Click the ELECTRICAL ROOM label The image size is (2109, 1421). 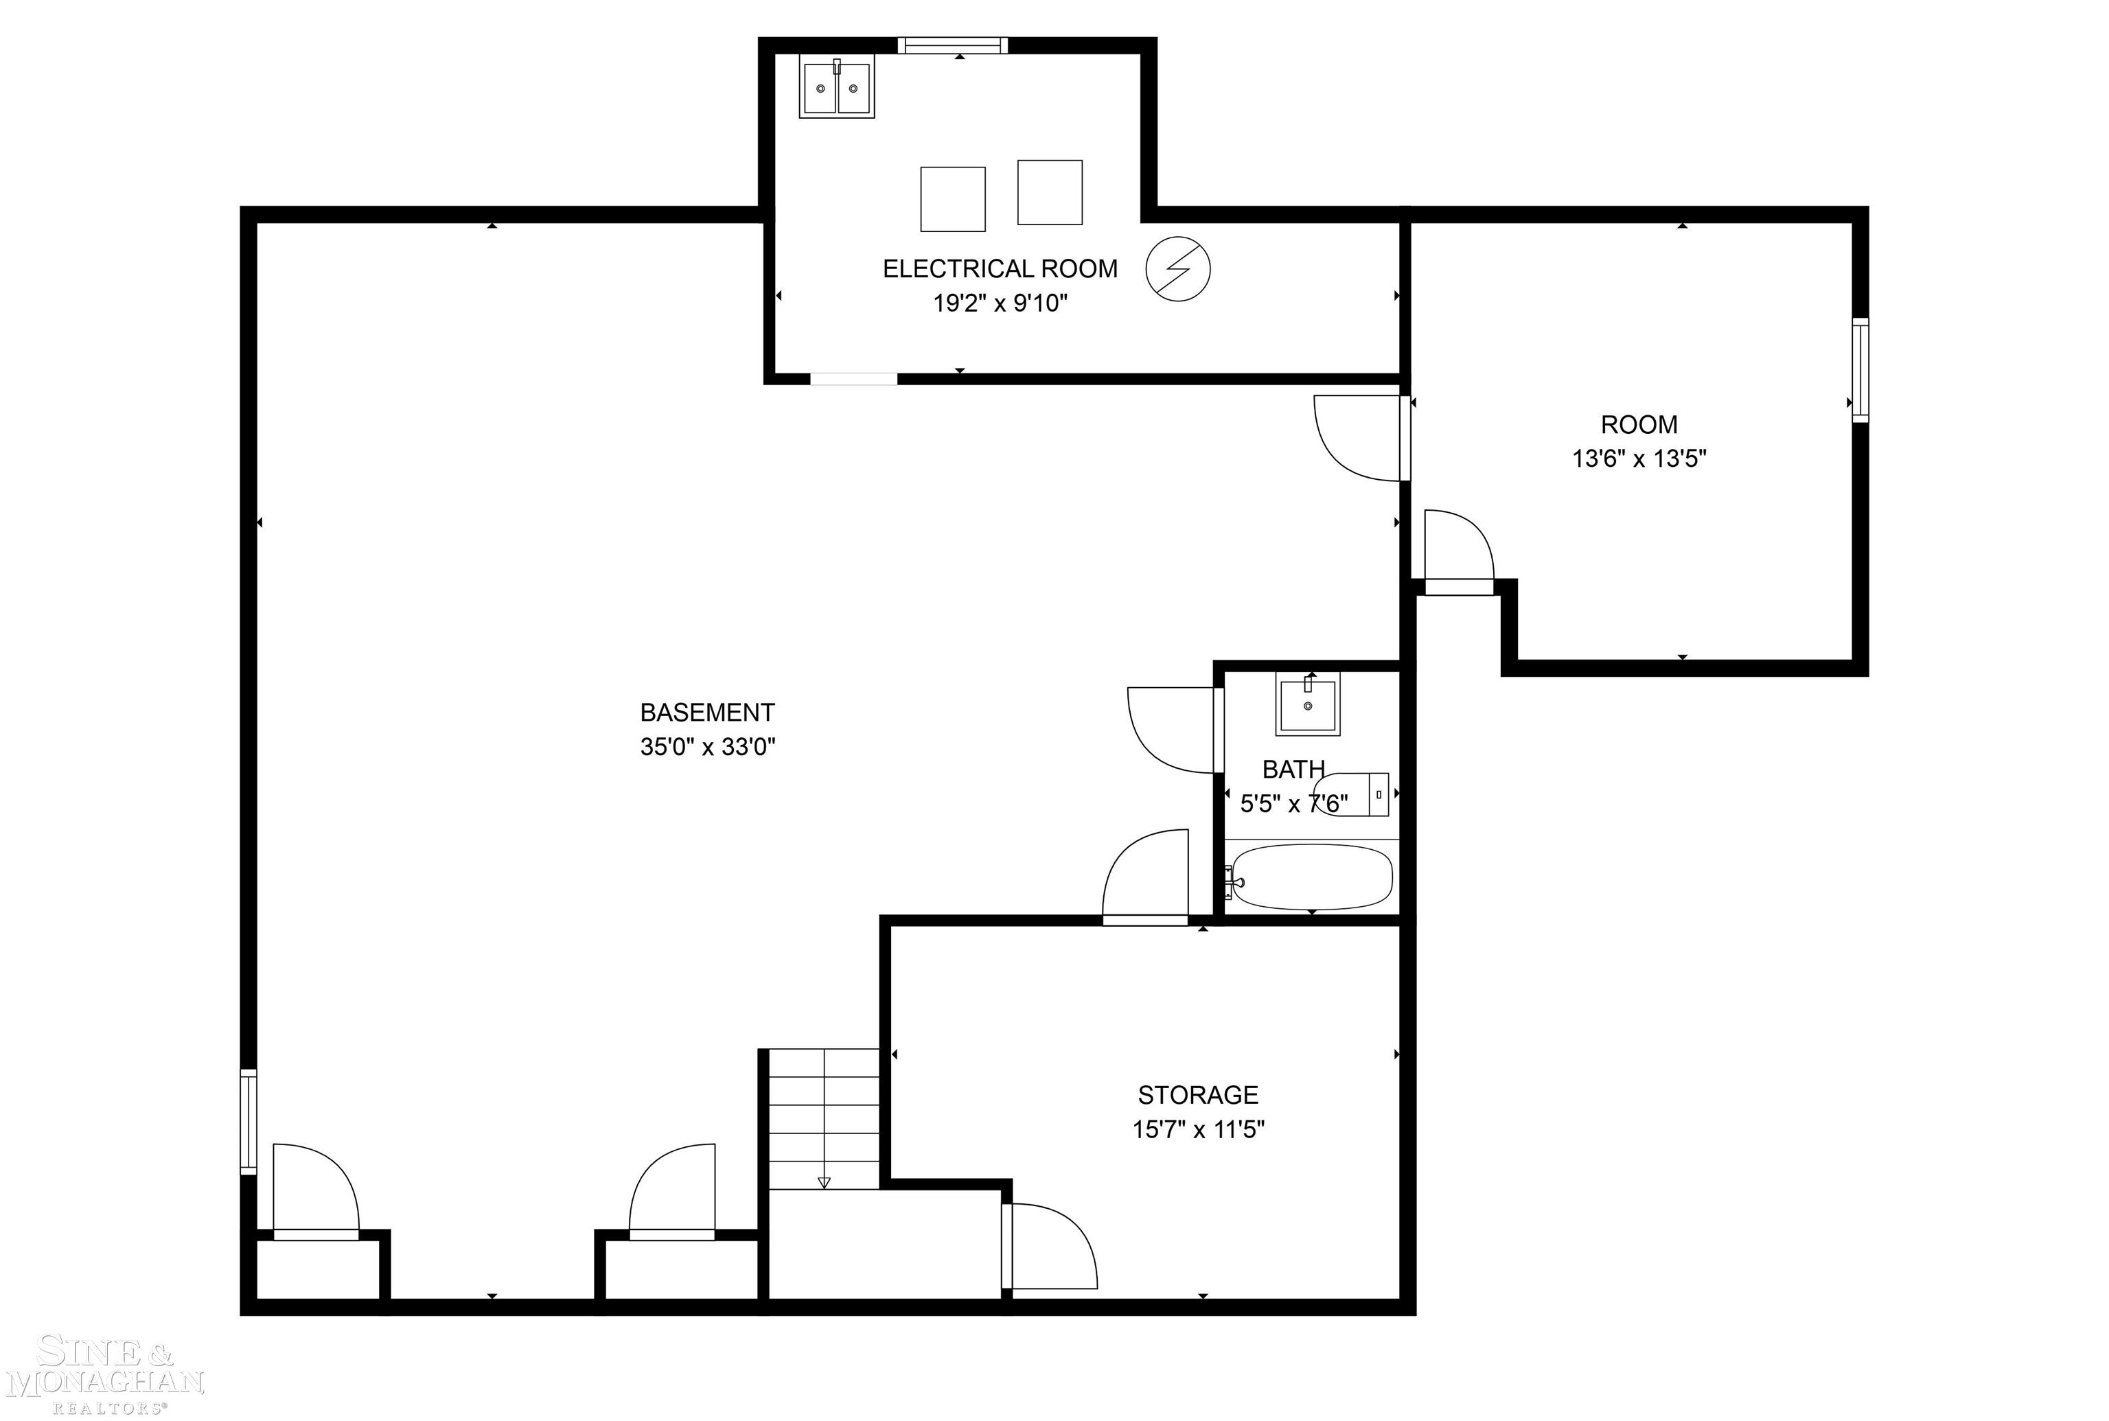pos(1000,268)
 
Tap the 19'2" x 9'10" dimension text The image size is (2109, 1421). pos(1000,303)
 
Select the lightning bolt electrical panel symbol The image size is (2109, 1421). pos(1177,269)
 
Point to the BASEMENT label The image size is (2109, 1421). pos(707,713)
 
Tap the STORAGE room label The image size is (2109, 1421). pos(1197,1095)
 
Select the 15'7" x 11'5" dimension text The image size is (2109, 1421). pos(1197,1129)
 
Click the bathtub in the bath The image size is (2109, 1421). pos(1311,877)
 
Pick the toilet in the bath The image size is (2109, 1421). pos(1354,795)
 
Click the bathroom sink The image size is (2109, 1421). pos(1307,704)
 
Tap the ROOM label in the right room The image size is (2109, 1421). pos(1639,424)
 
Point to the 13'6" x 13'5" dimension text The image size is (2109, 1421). pos(1639,459)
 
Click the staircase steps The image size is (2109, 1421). pos(823,1118)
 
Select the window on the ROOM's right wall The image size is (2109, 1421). pos(1860,370)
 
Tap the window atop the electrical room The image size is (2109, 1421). pos(952,45)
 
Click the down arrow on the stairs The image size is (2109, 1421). pos(823,1181)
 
